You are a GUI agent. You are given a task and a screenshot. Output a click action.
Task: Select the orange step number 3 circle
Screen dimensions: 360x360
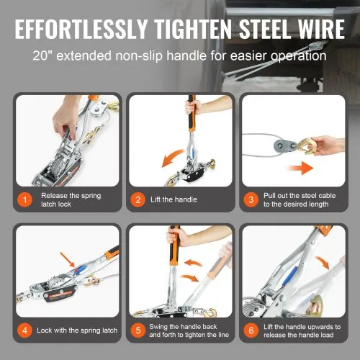(251, 199)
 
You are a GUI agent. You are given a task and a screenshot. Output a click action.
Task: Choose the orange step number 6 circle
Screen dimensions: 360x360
(251, 330)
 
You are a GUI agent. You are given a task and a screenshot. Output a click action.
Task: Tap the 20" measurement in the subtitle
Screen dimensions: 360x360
(43, 55)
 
